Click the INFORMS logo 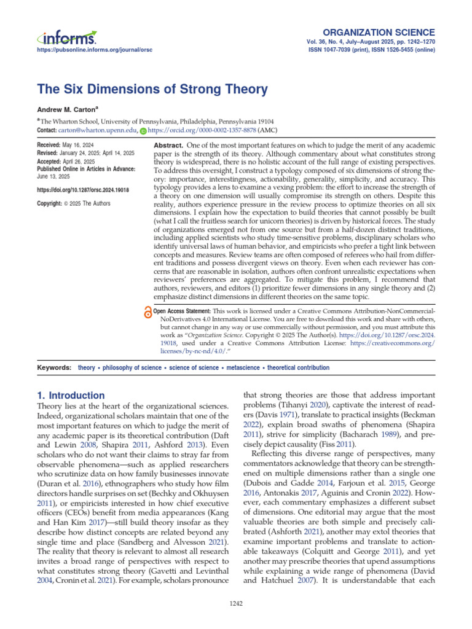[66, 37]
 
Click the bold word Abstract [168, 142]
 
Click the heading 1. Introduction [71, 396]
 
